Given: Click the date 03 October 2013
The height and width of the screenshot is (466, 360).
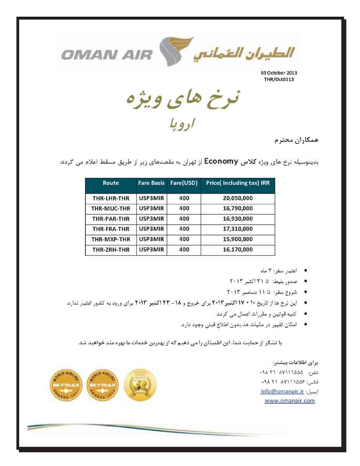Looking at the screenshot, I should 279,73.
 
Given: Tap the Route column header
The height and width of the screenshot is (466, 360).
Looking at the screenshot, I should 111,183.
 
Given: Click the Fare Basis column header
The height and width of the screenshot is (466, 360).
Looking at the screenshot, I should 152,183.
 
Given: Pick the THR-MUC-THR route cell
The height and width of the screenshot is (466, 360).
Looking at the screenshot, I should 111,208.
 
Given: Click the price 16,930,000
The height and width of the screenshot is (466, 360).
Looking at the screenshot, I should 238,219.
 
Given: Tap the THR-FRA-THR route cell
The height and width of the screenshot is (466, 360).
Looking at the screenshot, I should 111,229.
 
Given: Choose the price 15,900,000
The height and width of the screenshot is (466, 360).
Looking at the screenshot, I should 238,239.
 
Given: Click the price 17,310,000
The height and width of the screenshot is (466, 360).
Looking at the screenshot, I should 238,229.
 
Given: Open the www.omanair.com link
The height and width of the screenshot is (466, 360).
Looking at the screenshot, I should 289,401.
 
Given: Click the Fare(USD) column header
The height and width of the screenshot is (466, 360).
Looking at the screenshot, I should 184,183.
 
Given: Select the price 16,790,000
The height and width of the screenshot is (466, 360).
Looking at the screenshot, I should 238,208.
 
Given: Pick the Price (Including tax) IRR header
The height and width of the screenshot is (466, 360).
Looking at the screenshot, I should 238,183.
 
